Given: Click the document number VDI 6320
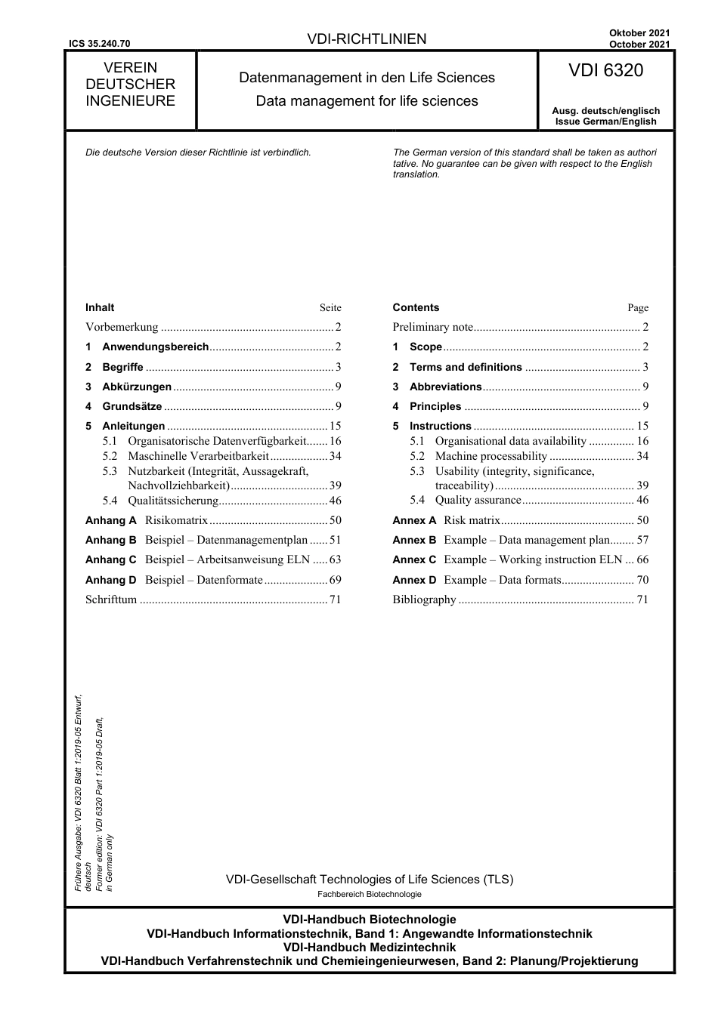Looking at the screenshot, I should (x=605, y=71).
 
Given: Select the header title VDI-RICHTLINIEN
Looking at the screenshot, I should (x=367, y=39).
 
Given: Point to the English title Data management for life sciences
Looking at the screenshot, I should (x=367, y=101).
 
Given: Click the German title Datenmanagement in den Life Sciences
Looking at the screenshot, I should (x=367, y=78).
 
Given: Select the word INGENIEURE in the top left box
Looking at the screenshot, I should (x=130, y=101).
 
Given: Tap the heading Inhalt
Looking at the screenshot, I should (x=100, y=307).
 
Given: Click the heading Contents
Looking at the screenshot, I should (x=416, y=307).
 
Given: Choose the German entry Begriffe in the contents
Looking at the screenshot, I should (x=122, y=367).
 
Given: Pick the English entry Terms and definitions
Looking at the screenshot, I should (x=466, y=367).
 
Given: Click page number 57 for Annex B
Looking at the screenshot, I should (x=642, y=540).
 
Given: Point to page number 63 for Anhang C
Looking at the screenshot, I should (x=335, y=559).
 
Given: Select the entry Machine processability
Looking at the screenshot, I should (x=491, y=456).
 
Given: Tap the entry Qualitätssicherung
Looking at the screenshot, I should (x=173, y=500).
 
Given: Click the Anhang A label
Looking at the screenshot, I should (x=111, y=520).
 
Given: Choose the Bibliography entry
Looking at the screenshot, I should (x=424, y=599).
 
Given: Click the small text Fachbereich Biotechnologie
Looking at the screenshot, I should (x=370, y=894).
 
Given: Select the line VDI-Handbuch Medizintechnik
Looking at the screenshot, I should (x=369, y=947).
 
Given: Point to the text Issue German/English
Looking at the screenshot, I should (x=605, y=122).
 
